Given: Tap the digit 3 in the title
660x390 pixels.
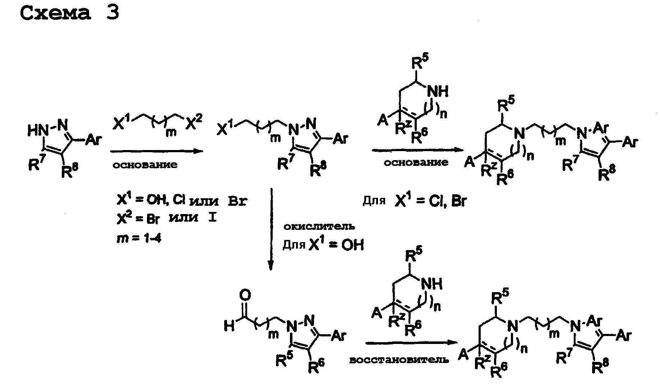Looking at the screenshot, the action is [112, 13].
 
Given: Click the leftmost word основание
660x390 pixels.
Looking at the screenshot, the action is [145, 165].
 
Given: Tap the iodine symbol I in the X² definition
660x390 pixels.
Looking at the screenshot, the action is [212, 218].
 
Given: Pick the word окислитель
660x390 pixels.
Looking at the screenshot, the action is [319, 227].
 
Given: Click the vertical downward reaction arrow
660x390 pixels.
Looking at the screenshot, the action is [271, 228].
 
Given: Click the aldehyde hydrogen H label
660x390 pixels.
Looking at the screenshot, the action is [229, 327].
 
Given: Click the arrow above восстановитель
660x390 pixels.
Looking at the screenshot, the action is [408, 343].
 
